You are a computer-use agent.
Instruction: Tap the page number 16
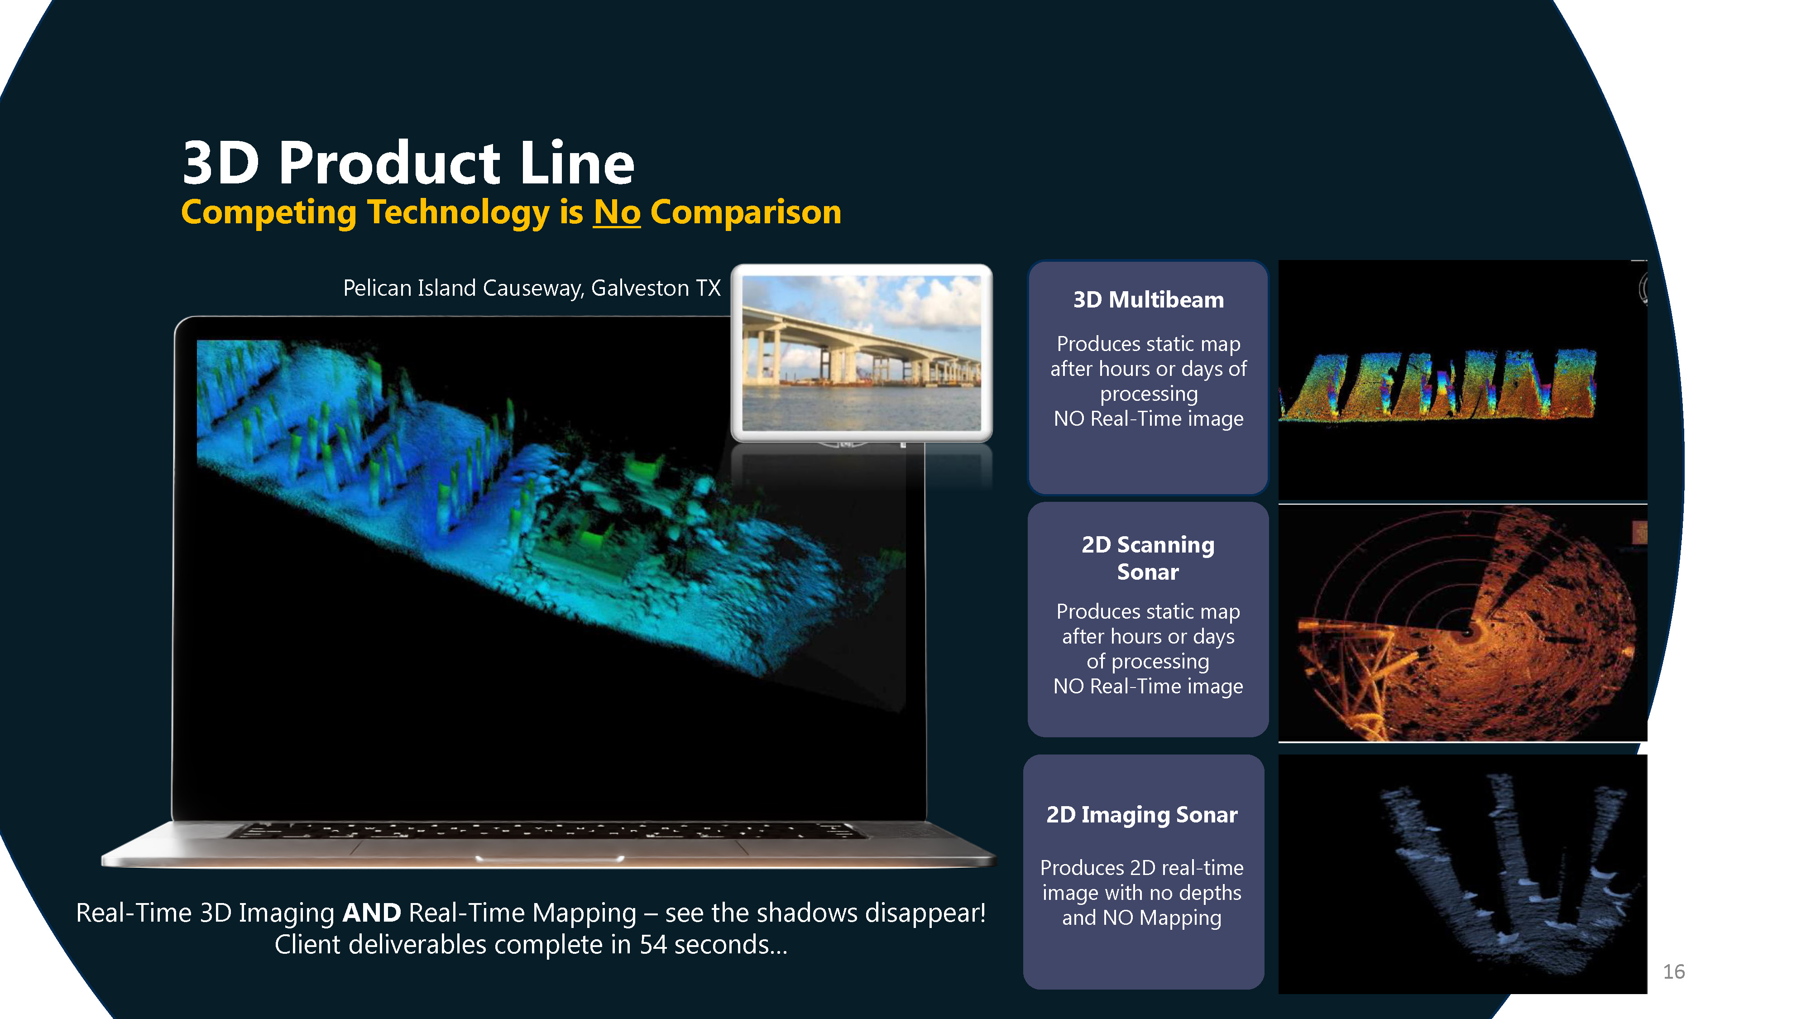[1673, 972]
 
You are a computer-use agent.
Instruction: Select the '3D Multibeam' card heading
[1148, 300]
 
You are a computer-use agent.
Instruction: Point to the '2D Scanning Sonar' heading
[1148, 558]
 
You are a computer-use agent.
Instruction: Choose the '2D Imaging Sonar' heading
[1142, 814]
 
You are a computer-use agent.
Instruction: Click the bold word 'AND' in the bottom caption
[371, 913]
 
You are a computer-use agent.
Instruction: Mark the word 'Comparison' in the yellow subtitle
[746, 212]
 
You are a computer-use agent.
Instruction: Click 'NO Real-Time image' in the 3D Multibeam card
[1148, 418]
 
